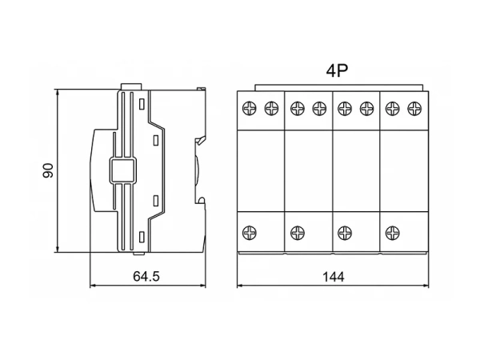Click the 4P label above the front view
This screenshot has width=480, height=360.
point(337,70)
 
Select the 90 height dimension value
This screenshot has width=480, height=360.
point(48,170)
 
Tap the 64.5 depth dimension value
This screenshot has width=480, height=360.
point(146,277)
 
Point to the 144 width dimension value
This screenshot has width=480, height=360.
point(334,277)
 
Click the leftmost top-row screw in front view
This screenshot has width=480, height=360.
point(249,108)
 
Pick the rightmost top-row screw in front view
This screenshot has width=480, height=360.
point(414,108)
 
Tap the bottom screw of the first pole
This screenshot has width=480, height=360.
point(249,233)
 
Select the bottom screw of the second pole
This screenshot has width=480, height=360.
point(298,233)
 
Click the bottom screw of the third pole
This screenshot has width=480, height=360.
point(345,233)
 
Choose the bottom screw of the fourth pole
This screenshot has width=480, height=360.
point(393,233)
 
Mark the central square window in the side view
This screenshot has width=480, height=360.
point(122,171)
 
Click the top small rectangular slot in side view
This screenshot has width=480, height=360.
point(142,104)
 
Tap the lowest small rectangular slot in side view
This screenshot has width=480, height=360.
point(142,237)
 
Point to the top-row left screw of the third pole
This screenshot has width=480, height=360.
point(345,108)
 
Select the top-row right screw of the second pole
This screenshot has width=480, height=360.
point(319,108)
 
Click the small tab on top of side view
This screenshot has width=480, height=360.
point(131,86)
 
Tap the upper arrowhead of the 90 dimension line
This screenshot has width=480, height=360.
point(58,92)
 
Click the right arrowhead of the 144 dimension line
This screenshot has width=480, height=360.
point(426,286)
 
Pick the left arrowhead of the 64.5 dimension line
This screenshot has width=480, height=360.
point(93,286)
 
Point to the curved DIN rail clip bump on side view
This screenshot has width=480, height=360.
point(198,170)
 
